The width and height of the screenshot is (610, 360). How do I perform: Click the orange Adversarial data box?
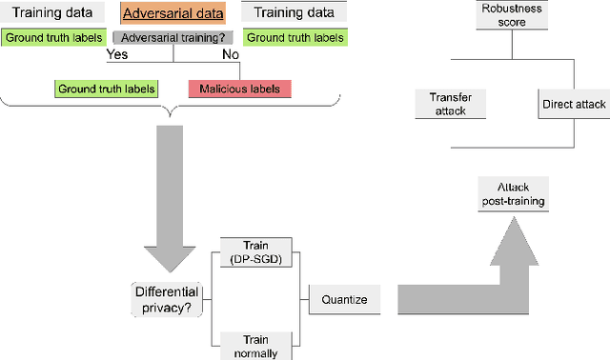tap(173, 14)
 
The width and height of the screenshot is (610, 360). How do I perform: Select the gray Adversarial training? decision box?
tap(173, 38)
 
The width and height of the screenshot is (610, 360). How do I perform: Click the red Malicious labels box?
tap(239, 89)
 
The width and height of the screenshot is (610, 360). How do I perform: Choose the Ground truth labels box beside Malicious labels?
tap(106, 89)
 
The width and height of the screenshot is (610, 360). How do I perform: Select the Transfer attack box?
tap(450, 104)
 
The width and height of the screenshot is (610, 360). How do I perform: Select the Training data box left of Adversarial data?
tap(48, 14)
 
